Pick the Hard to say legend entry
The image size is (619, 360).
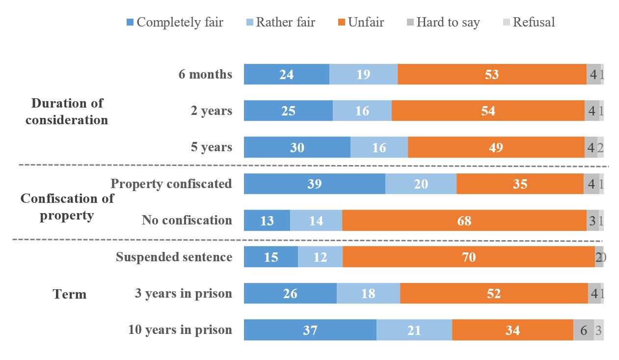click(x=443, y=22)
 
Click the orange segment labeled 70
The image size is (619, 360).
click(x=469, y=257)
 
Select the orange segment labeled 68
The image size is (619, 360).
click(x=464, y=221)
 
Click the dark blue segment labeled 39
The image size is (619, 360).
click(x=314, y=184)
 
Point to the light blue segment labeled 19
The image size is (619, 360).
click(x=363, y=74)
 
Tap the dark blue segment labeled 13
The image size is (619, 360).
click(x=267, y=221)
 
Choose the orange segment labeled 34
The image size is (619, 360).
click(x=512, y=330)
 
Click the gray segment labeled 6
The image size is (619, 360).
click(x=584, y=330)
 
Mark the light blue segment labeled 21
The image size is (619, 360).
click(x=414, y=330)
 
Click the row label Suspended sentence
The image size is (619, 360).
click(x=174, y=257)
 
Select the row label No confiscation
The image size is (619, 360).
click(x=187, y=220)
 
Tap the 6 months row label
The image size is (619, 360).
click(x=205, y=74)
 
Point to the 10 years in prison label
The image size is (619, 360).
click(x=180, y=330)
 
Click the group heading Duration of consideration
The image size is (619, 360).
click(x=67, y=111)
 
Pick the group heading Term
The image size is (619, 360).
click(x=69, y=294)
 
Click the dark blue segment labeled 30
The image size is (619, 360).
click(x=297, y=147)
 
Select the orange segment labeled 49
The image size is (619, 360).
click(x=496, y=147)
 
